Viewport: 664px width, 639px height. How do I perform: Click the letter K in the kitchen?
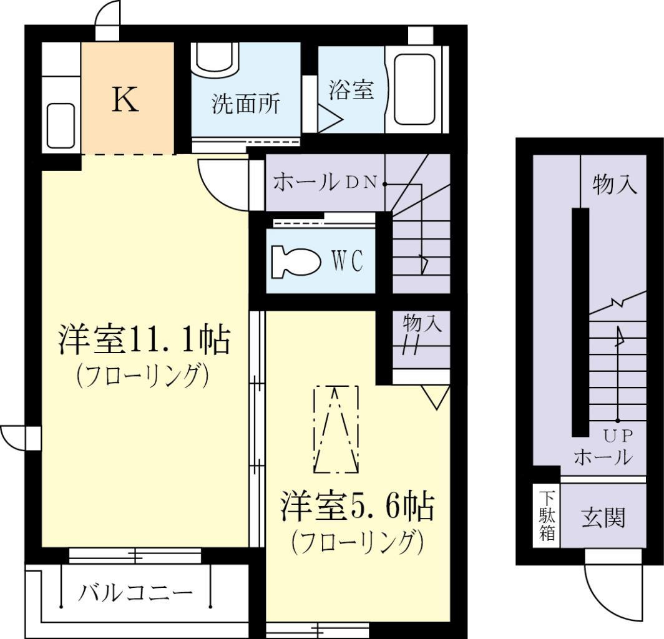[x=125, y=99]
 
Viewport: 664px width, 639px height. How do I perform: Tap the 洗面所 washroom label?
[x=246, y=103]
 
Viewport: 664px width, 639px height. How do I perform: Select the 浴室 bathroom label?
[x=351, y=89]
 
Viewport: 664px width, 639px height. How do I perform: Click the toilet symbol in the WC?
[x=295, y=261]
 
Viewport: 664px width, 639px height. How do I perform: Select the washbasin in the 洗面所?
[x=215, y=59]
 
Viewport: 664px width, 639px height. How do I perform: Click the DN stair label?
[x=362, y=182]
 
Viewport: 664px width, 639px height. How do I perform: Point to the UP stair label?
[x=618, y=436]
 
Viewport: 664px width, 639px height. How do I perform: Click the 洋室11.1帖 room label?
[x=144, y=339]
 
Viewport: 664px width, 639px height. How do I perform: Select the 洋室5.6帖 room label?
[x=358, y=507]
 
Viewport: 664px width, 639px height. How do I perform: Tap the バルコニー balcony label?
[x=135, y=593]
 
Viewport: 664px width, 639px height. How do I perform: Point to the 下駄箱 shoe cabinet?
[x=547, y=515]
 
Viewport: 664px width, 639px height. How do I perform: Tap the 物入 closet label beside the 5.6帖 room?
[x=422, y=323]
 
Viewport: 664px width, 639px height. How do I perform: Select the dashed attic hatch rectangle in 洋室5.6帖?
[x=336, y=429]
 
